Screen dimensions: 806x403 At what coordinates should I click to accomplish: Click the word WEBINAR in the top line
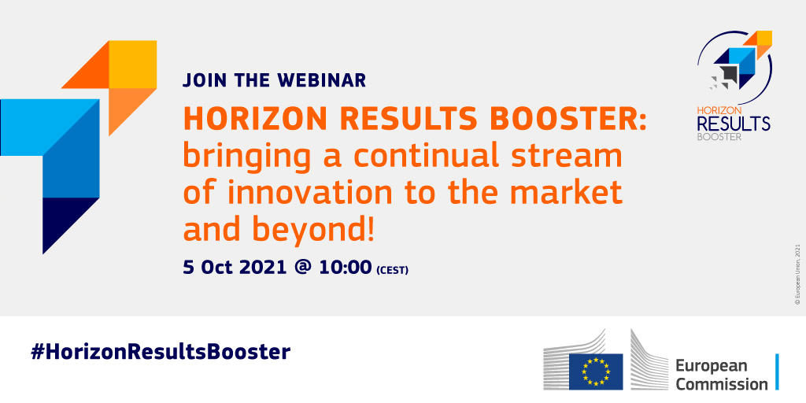(x=322, y=80)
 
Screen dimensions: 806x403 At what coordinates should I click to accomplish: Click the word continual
(x=419, y=157)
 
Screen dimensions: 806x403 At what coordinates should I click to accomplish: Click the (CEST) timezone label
(x=393, y=269)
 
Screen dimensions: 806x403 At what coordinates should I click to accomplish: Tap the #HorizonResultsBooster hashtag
(x=161, y=353)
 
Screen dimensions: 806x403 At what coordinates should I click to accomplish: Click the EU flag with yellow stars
(x=597, y=372)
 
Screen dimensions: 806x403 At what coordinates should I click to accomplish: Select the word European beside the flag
(x=711, y=367)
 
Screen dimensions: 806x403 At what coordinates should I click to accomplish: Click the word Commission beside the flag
(x=721, y=384)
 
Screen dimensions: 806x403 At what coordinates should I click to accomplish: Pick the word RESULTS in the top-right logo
(x=734, y=124)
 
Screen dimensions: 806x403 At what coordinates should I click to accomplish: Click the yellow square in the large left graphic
(x=132, y=65)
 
